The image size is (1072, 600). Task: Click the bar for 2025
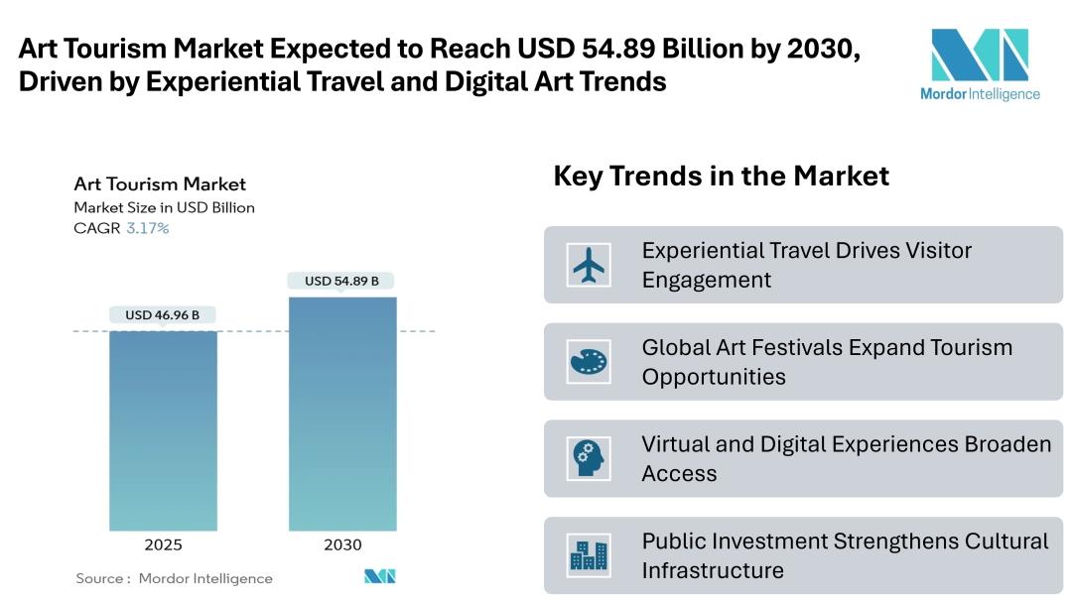coord(163,430)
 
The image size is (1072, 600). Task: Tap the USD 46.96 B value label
coord(162,315)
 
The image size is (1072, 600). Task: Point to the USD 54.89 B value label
coord(341,281)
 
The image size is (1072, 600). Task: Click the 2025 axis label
coord(163,544)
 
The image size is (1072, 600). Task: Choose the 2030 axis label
coord(342,544)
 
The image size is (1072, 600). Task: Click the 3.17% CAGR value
coord(147,228)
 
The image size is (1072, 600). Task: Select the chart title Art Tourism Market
coord(160,183)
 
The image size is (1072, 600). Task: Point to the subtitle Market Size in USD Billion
coord(164,207)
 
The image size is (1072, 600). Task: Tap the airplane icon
coord(589,264)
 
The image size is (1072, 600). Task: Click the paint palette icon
coord(589,361)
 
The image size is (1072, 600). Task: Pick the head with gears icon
coord(589,458)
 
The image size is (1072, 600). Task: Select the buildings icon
coord(589,555)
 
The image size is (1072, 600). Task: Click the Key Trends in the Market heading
coord(721,177)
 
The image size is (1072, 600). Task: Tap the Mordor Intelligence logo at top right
coord(979,65)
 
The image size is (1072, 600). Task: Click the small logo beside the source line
coord(379,576)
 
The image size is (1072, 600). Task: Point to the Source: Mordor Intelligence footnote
coord(174,578)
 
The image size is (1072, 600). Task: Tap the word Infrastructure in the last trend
coord(713,570)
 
